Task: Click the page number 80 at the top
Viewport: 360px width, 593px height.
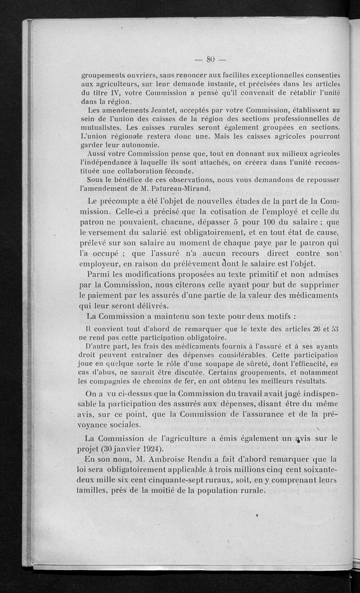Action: point(210,58)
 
